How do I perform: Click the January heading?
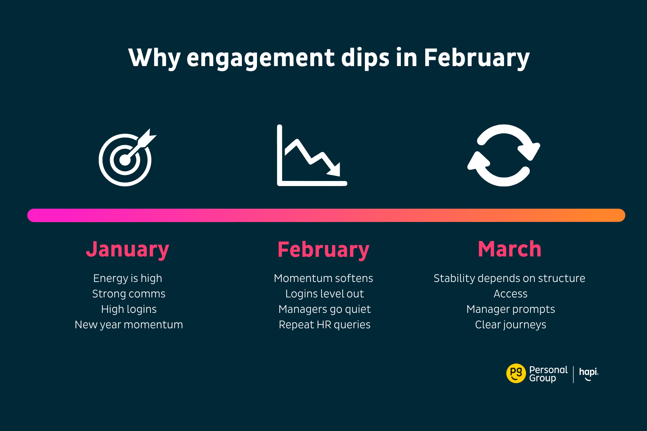(128, 250)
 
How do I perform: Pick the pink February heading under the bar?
(323, 250)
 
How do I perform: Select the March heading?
(510, 249)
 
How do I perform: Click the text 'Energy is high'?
(128, 278)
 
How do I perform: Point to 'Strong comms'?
(129, 294)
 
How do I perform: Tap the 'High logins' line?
(129, 309)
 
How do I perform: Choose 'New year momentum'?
(129, 325)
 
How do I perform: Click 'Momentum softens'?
(323, 278)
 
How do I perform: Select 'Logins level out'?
(325, 294)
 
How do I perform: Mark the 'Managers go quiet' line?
(325, 309)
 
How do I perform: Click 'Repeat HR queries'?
(325, 325)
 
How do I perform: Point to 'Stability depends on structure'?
(509, 278)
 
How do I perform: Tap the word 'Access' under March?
(510, 294)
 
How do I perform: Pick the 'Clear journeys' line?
(510, 325)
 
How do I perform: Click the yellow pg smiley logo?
(516, 374)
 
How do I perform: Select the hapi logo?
(589, 374)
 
